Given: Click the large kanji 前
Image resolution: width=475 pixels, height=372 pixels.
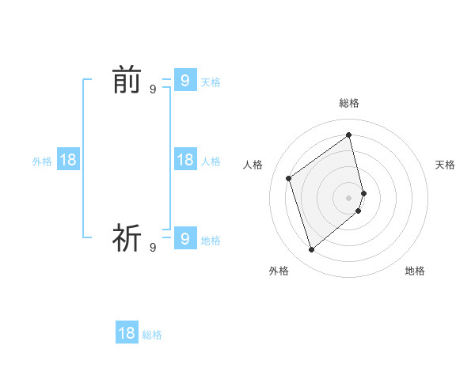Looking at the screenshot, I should [x=126, y=81].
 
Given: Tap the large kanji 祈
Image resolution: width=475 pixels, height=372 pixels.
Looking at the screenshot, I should [x=126, y=237].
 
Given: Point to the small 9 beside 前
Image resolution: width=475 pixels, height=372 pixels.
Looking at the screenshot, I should [x=153, y=90].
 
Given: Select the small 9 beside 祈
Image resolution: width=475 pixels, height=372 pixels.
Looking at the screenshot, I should [x=153, y=248].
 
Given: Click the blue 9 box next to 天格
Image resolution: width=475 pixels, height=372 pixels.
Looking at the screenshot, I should [x=184, y=80].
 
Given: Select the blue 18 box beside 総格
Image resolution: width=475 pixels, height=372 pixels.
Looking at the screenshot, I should [x=127, y=333].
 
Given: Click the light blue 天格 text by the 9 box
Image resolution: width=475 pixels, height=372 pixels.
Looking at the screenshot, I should [x=211, y=82].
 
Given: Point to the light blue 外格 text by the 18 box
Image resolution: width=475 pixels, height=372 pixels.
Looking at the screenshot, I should [x=42, y=161].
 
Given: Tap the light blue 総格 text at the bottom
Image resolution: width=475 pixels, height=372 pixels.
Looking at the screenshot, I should [x=152, y=336].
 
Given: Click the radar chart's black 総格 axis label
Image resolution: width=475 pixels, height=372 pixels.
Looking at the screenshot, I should [x=349, y=103].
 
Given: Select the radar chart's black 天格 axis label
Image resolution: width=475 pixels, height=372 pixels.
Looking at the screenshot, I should [x=445, y=165].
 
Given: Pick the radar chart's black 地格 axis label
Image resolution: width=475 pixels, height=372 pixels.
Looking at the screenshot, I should [x=415, y=271].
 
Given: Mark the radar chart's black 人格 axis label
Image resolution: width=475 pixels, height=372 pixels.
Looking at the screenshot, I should [x=253, y=165].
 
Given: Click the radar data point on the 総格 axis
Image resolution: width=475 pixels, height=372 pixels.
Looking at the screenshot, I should [x=349, y=135].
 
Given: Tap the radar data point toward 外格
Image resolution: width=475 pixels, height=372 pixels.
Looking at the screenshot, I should [x=311, y=250].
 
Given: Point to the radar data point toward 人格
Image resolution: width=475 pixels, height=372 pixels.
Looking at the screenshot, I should [x=289, y=178].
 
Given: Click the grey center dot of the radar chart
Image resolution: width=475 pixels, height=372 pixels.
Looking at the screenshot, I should [x=349, y=197].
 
